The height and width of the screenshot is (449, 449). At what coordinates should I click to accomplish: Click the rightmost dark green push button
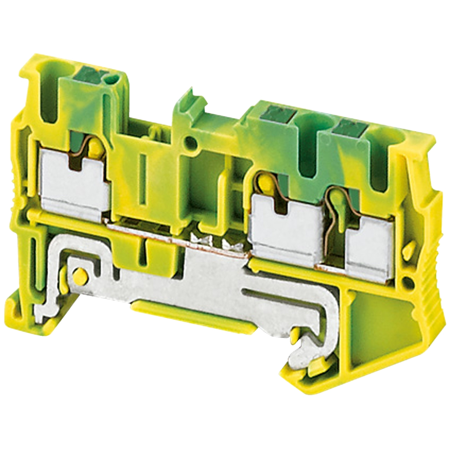(349, 128)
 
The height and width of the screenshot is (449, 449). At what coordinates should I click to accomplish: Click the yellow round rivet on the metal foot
(79, 276)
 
